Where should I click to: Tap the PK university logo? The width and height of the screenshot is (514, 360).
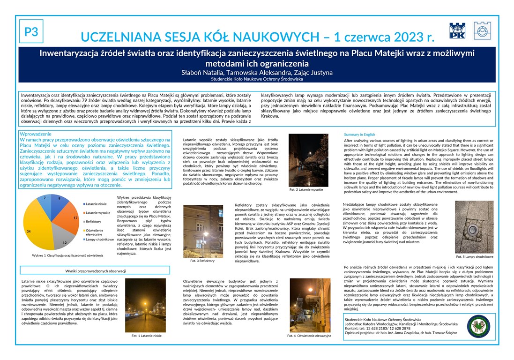(x=457, y=30)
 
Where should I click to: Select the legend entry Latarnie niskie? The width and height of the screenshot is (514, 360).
(x=95, y=204)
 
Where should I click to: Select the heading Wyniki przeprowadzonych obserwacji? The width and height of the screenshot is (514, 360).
(x=95, y=271)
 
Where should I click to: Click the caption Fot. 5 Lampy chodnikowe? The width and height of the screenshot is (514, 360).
(x=475, y=256)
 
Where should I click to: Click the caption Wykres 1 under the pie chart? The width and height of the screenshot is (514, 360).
(x=68, y=255)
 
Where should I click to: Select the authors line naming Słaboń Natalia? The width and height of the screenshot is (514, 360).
(x=257, y=73)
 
